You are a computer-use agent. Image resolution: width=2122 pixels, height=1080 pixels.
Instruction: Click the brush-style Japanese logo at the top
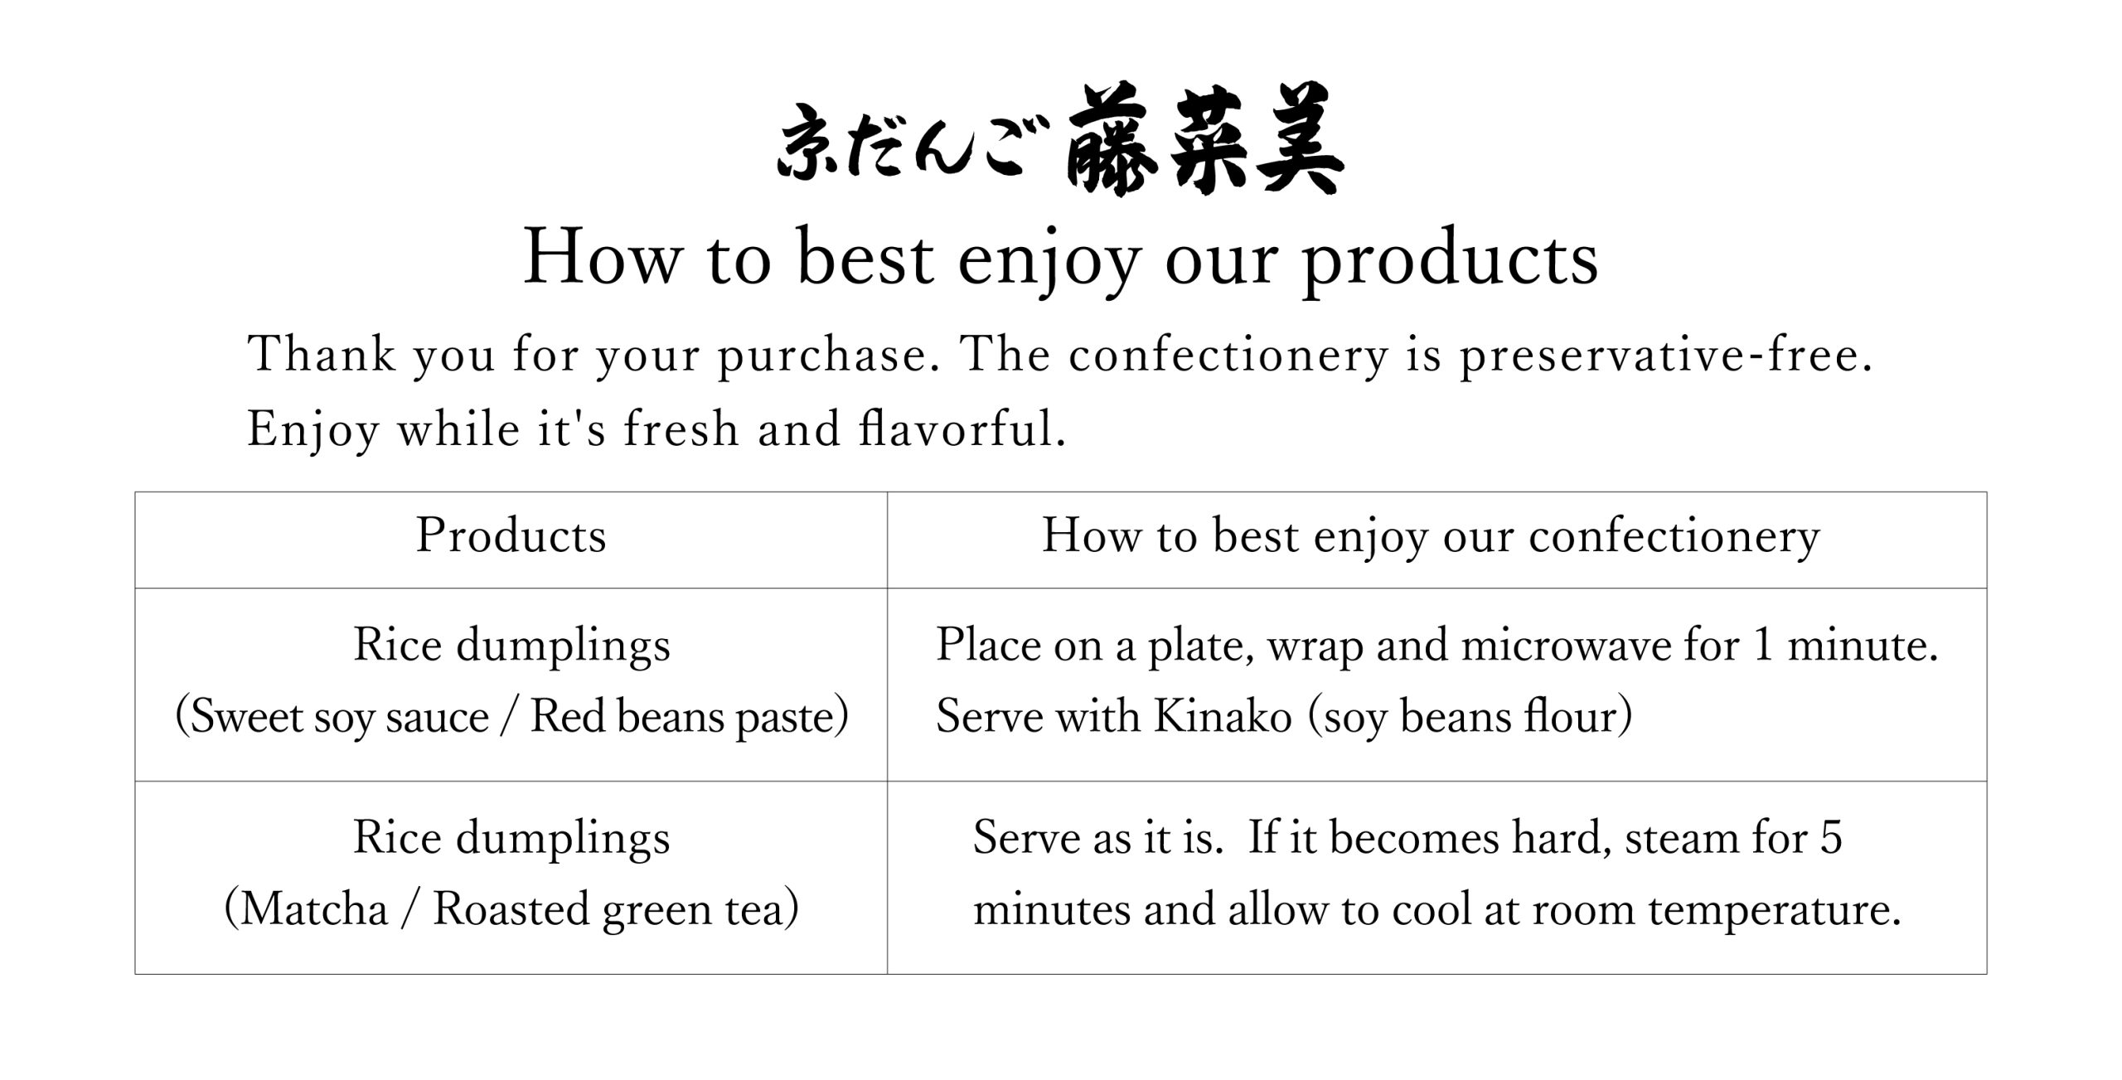coord(1061,140)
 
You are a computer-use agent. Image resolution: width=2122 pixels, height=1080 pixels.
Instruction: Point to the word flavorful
coord(962,429)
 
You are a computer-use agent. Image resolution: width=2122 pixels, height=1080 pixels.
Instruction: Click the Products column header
coord(511,535)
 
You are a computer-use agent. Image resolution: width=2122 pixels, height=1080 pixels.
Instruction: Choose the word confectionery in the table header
coord(1674,537)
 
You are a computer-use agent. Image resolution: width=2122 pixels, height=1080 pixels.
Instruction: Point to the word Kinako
coord(1223,716)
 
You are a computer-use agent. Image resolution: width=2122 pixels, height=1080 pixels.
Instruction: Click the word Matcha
coord(315,909)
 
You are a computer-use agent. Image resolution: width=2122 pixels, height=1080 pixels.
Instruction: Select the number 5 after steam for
coord(1831,838)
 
